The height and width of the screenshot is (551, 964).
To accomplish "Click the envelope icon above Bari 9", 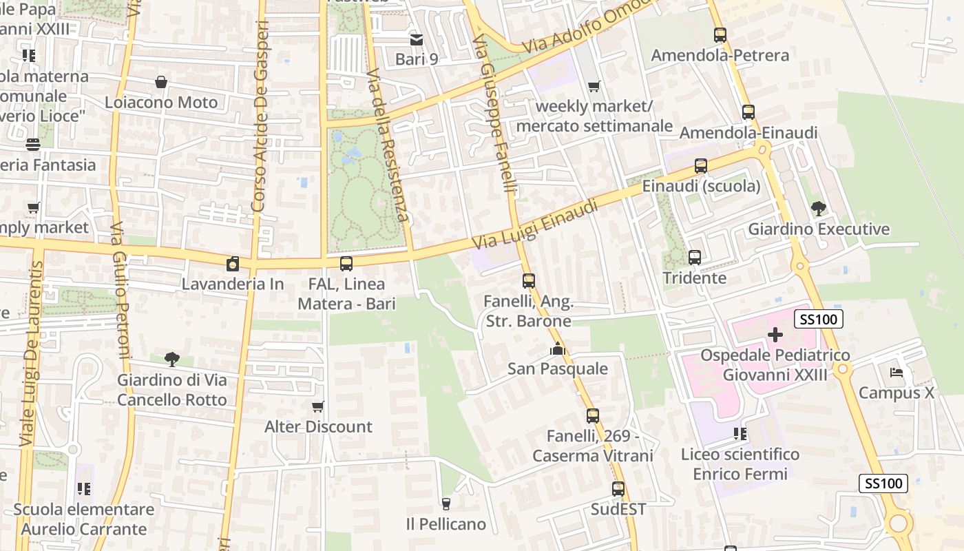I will tap(417, 39).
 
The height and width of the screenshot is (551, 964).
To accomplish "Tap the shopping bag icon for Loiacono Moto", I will tap(161, 83).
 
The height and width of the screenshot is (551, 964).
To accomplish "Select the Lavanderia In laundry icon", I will tap(233, 264).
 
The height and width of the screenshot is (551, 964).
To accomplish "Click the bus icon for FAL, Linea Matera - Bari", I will tap(346, 264).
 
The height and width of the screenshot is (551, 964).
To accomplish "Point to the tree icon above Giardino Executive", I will tap(819, 208).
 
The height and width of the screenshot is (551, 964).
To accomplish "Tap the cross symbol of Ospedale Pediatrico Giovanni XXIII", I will tap(775, 335).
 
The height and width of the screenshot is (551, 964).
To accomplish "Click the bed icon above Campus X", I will tap(896, 373).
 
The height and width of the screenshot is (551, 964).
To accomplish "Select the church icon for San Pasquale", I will tap(558, 349).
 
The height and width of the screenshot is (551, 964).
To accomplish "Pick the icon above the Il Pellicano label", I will tap(446, 504).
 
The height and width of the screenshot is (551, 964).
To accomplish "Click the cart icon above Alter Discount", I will tap(318, 406).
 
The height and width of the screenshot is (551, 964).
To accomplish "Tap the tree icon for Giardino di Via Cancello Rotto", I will tap(171, 359).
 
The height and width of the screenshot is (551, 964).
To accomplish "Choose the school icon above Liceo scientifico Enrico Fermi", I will tap(740, 434).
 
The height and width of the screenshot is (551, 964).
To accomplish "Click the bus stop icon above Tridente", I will tap(695, 258).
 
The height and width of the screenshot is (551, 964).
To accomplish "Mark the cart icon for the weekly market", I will tap(594, 86).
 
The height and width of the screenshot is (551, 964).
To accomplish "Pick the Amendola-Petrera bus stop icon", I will tap(720, 35).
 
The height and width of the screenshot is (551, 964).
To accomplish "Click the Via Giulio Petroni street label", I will tap(120, 289).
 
